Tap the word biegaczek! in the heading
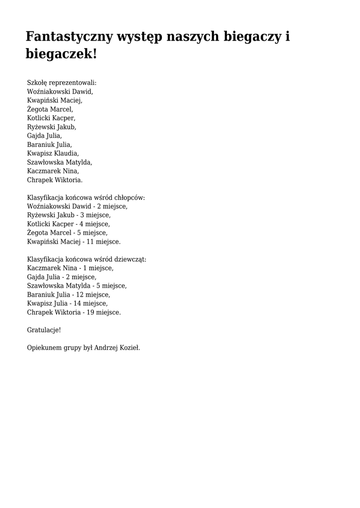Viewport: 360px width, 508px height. pos(61,54)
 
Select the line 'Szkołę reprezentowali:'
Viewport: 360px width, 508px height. pos(62,82)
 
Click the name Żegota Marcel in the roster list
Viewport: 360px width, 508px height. pos(50,109)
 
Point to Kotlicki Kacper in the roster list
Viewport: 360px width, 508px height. pos(51,118)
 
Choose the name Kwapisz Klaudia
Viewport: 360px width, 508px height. pos(53,153)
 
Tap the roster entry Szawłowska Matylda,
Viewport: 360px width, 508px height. pos(60,162)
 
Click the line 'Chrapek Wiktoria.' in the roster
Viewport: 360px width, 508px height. pos(55,180)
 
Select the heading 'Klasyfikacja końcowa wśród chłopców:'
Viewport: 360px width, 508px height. pos(86,197)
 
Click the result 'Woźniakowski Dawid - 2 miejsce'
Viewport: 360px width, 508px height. pos(77,206)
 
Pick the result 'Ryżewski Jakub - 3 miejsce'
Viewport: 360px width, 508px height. pos(69,215)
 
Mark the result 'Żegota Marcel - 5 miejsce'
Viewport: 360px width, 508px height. pos(67,233)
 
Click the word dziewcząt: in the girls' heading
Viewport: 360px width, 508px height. pos(130,259)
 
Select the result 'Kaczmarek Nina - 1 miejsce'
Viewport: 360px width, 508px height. pos(70,268)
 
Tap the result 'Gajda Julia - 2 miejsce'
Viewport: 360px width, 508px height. pos(62,277)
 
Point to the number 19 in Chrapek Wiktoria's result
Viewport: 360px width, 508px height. pos(91,313)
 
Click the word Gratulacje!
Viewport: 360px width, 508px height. pos(44,330)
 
